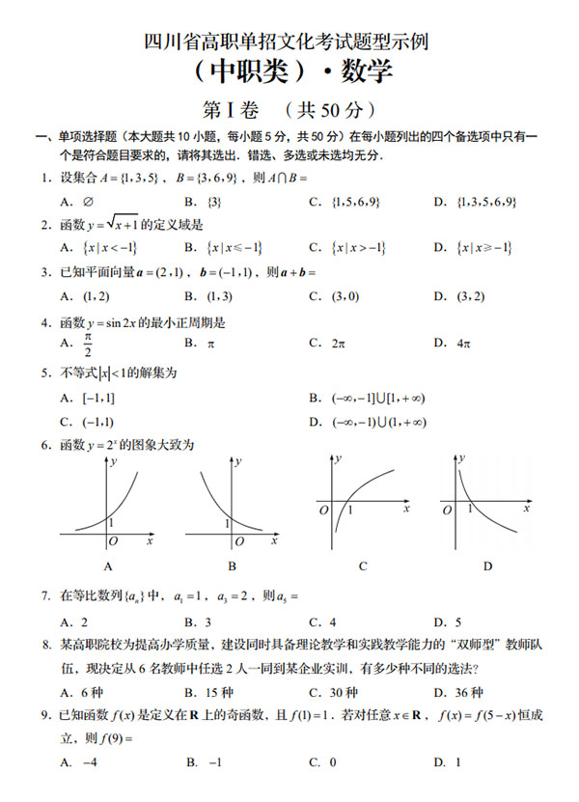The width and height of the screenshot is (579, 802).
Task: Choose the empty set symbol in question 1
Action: [x=88, y=202]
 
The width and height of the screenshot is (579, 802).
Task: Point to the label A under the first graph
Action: [x=107, y=566]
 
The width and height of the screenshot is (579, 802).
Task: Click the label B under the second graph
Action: [x=233, y=566]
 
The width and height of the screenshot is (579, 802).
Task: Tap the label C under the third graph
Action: [x=362, y=566]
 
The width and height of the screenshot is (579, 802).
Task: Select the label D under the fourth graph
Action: [x=487, y=566]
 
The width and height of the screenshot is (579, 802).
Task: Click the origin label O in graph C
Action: [x=324, y=509]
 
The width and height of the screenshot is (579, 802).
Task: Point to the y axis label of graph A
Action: [x=115, y=462]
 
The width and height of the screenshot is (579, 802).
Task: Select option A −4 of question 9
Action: [x=90, y=761]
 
